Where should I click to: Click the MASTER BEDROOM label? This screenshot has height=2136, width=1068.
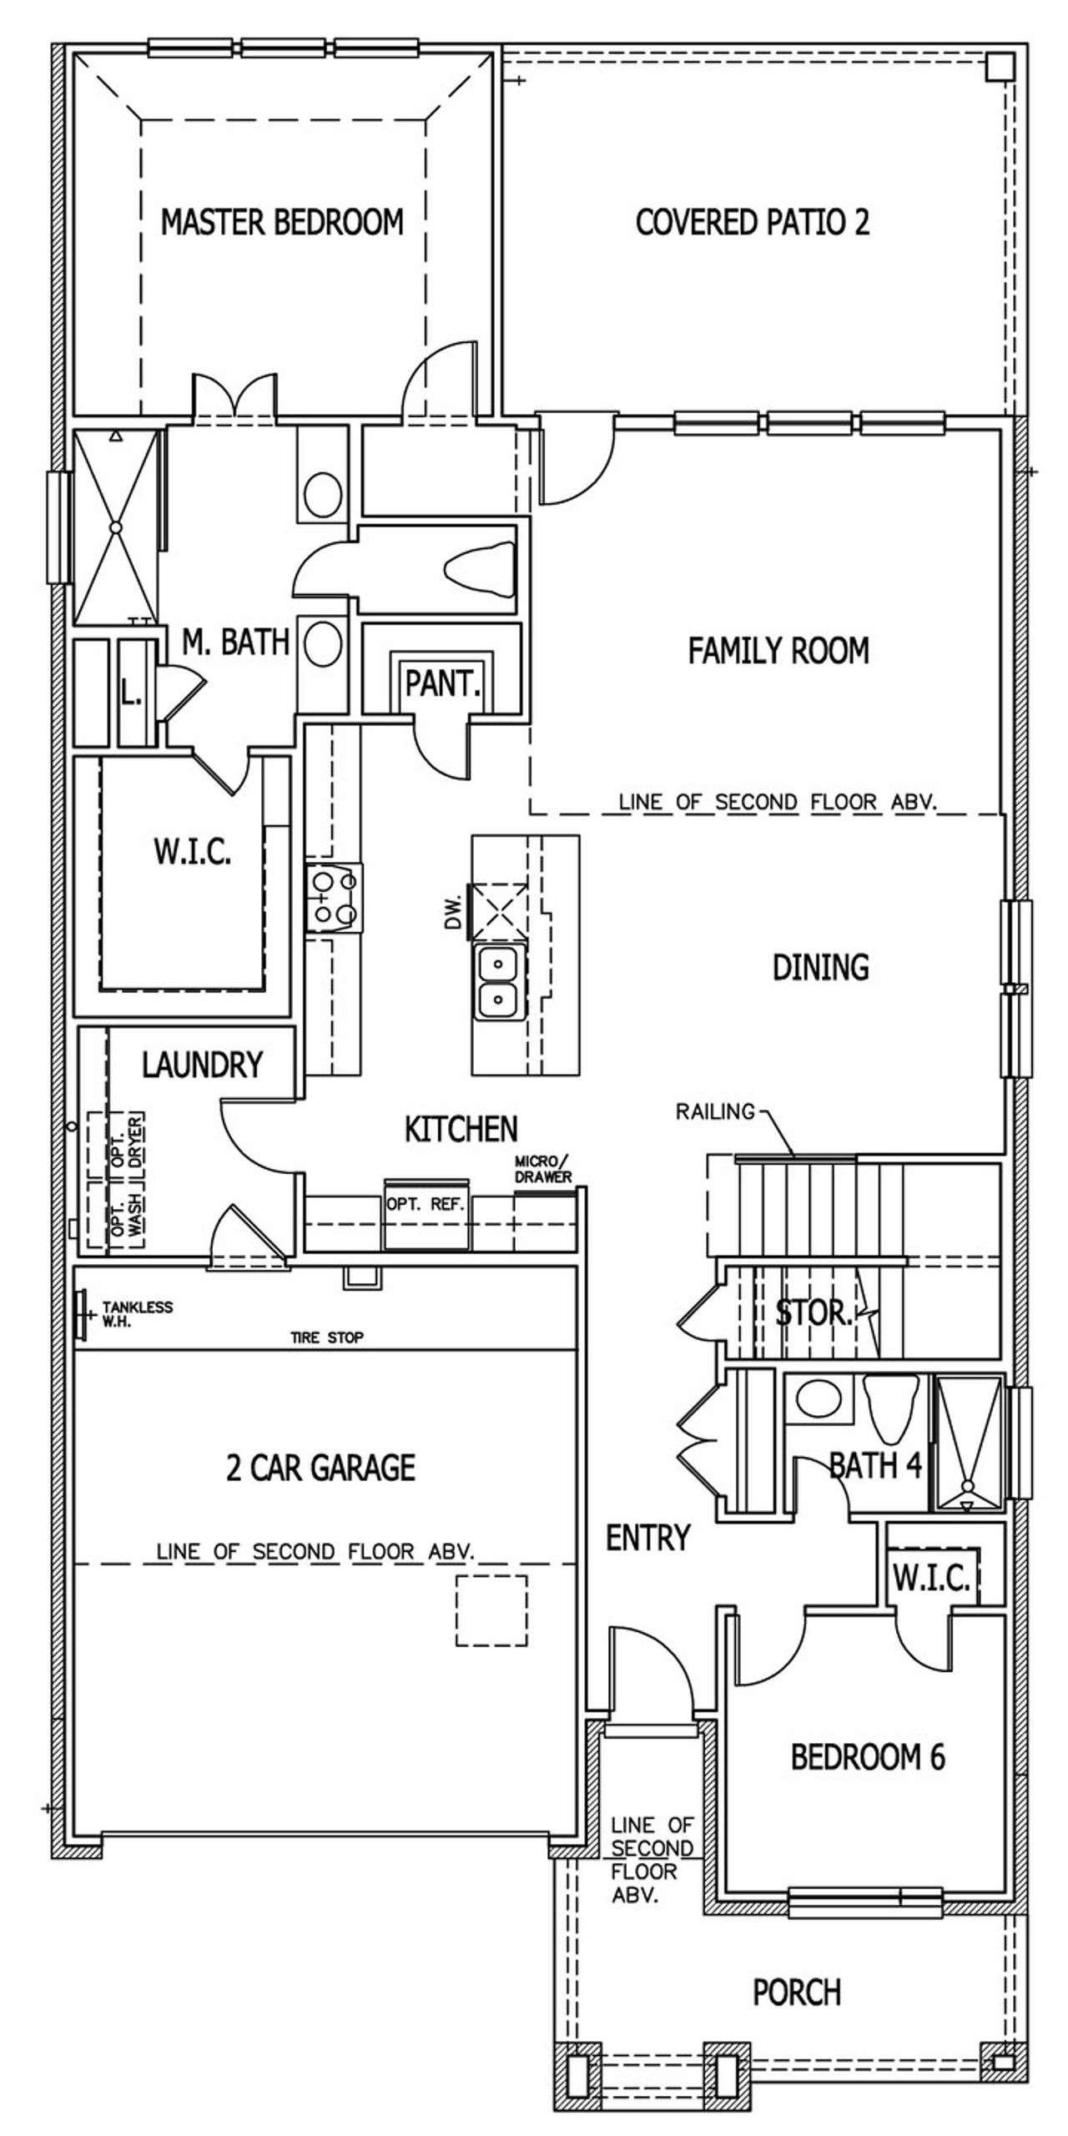coord(282,222)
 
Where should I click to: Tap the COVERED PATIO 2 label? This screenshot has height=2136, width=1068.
coord(752,222)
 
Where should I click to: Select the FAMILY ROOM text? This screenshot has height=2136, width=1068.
coord(778,651)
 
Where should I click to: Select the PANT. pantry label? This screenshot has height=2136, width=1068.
coord(443,683)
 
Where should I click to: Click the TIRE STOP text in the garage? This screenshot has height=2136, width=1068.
coord(326,1338)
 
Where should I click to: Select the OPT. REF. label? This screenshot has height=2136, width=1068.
coord(426,1204)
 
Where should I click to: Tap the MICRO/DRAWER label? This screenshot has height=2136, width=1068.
coord(543,1169)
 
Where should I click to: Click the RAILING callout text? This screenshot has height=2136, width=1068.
coord(715,1111)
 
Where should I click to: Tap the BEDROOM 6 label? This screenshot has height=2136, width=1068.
coord(868,1756)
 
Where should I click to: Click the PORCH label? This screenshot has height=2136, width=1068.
coord(797,1992)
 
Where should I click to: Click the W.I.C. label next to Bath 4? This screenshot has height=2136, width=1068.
coord(931,1578)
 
